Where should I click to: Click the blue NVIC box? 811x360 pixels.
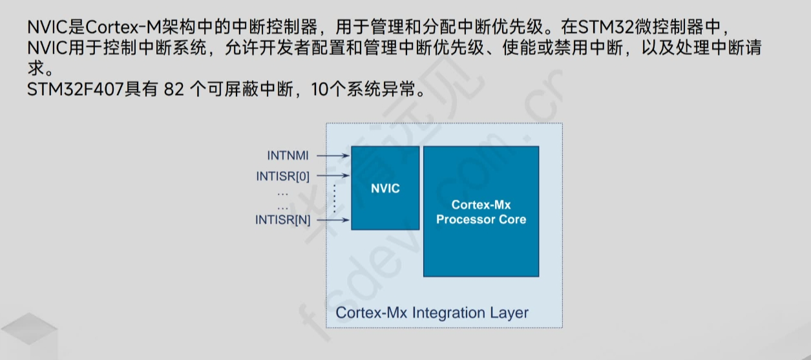tap(385, 188)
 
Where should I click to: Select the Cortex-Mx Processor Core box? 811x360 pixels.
tap(481, 211)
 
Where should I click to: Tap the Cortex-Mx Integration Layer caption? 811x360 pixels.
tap(432, 313)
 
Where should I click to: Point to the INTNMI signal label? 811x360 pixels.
tap(288, 156)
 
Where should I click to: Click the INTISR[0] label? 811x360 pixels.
tap(282, 176)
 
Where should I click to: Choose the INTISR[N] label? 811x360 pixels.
tap(282, 220)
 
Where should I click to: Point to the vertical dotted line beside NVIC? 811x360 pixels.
tap(335, 198)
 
